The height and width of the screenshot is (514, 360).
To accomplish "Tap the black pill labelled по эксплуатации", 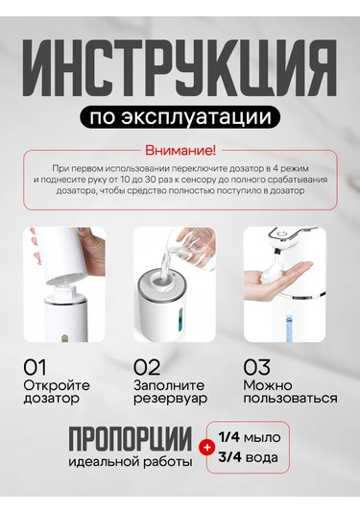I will pyautogui.click(x=179, y=118).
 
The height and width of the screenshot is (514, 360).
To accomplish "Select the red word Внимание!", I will pyautogui.click(x=180, y=151).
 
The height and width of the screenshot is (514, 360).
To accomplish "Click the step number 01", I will pyautogui.click(x=36, y=367).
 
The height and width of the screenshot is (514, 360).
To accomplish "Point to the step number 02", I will pyautogui.click(x=147, y=367).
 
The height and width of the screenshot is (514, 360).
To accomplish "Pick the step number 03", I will pyautogui.click(x=257, y=367).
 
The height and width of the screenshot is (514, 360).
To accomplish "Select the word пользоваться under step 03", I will pyautogui.click(x=287, y=399).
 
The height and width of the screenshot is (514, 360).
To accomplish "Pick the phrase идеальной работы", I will pyautogui.click(x=130, y=461).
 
